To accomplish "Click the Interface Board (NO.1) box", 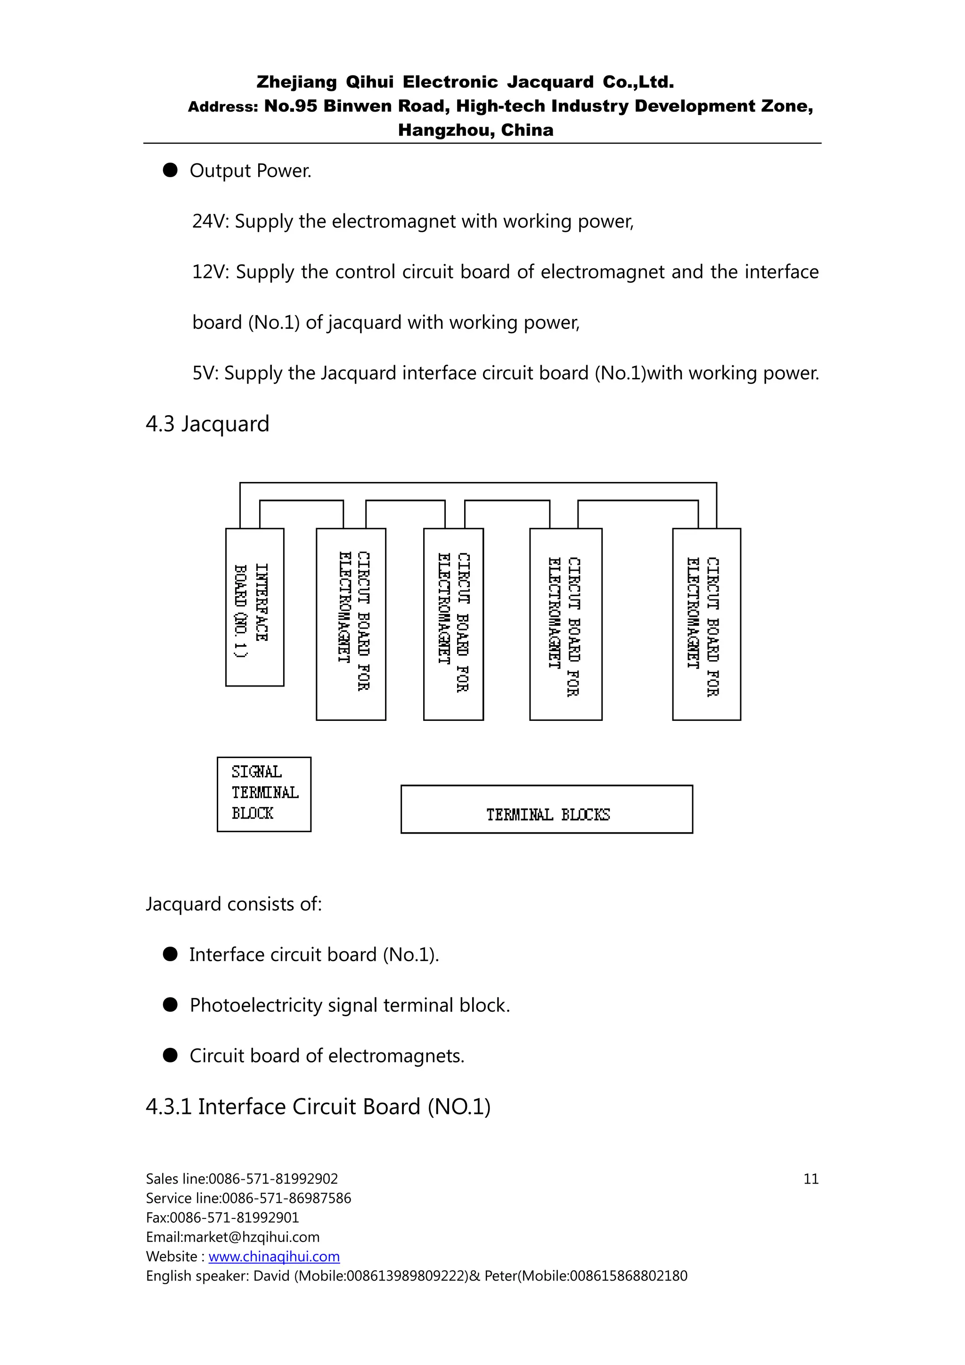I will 254,607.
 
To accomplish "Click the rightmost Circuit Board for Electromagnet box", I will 706,624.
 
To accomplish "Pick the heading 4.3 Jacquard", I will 207,424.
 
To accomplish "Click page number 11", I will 810,1179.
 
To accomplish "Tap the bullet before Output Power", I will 171,171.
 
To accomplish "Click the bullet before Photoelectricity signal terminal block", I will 171,1005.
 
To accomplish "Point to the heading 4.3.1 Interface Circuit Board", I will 318,1107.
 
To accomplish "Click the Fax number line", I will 222,1218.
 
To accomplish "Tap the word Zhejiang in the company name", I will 296,82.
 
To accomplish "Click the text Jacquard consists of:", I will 234,904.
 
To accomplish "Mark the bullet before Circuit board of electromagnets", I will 171,1055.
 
